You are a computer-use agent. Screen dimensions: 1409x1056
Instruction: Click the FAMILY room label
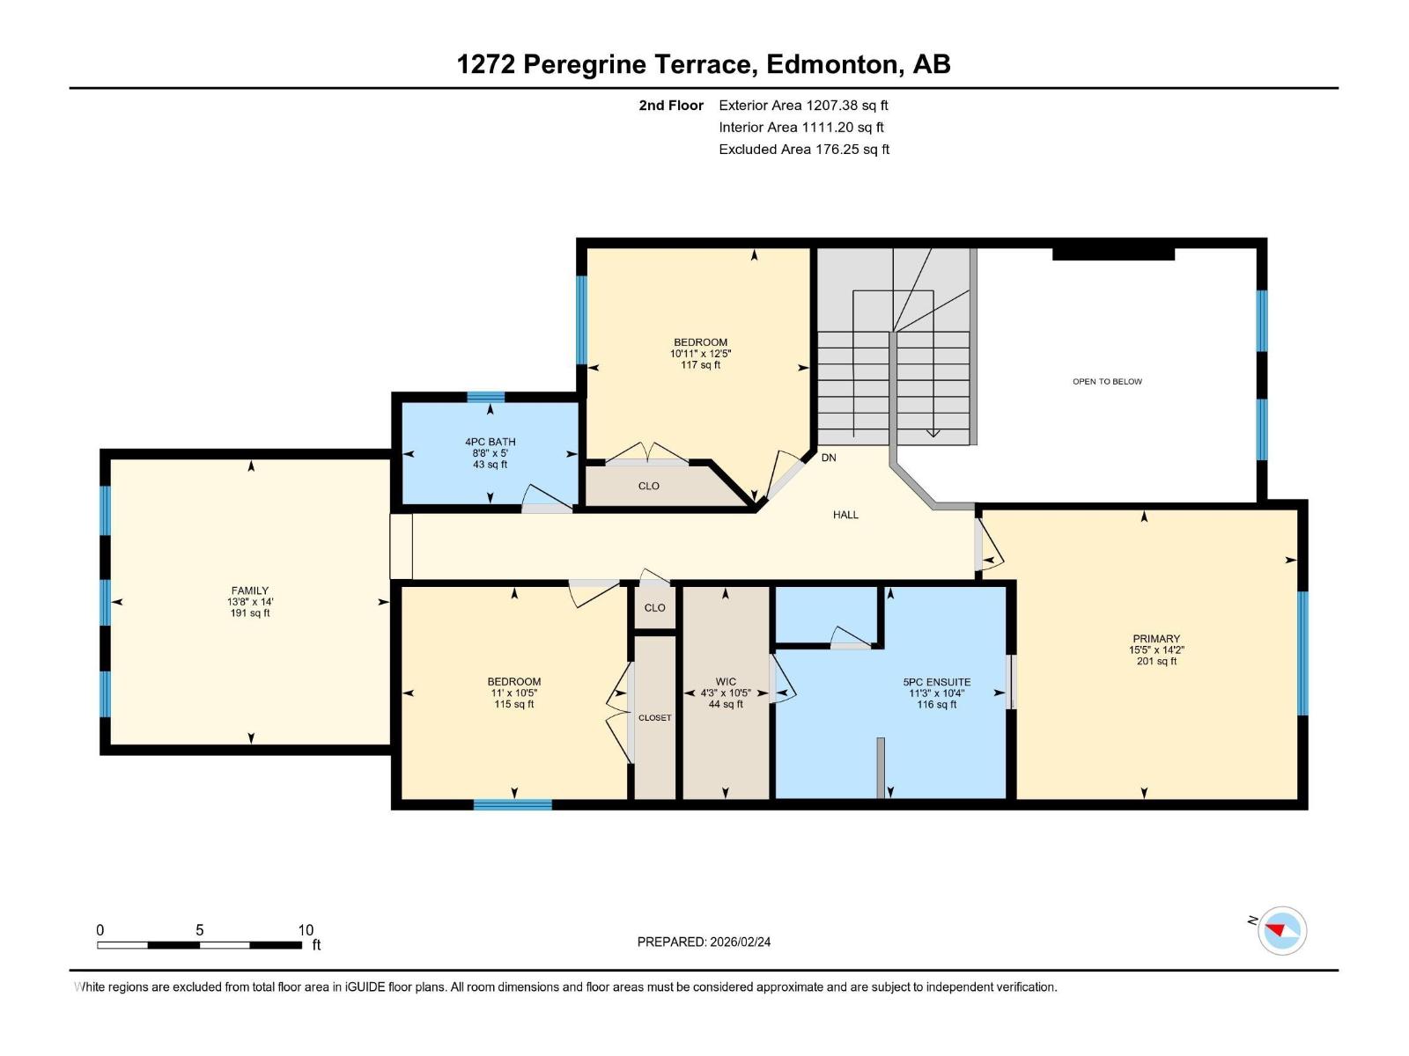250,590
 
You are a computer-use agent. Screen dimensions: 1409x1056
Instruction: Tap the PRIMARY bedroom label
1156,639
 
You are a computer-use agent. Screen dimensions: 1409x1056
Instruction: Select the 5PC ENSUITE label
937,682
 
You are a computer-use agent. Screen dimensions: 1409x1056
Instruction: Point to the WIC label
726,681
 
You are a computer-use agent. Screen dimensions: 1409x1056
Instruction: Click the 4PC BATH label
491,442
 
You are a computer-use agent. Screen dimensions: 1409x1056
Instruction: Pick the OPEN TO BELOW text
1107,382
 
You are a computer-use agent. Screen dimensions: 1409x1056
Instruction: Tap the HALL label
845,515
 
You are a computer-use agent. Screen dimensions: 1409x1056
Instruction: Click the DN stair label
829,458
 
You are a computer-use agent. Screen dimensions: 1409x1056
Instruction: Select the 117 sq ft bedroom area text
700,365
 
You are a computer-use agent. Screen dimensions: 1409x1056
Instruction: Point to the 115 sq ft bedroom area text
513,704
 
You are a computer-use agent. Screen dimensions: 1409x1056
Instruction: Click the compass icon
1282,930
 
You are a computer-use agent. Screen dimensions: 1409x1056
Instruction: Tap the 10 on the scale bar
306,929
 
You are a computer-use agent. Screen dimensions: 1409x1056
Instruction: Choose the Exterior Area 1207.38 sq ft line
803,105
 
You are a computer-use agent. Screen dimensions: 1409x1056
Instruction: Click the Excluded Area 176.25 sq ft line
804,150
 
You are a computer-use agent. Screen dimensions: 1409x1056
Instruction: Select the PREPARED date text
704,942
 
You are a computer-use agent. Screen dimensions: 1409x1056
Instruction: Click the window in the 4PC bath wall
486,397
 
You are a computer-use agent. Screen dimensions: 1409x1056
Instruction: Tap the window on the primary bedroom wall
1302,653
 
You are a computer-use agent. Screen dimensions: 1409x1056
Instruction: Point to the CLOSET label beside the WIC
655,717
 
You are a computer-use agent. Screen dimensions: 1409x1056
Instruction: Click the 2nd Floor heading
671,105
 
